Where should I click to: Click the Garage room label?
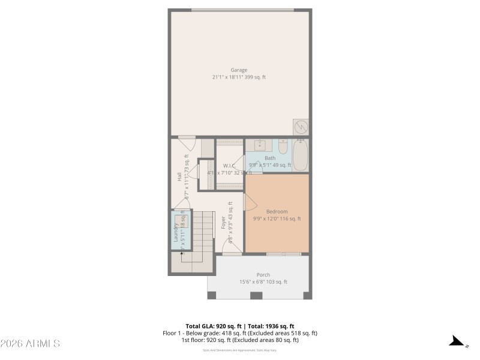point(239,70)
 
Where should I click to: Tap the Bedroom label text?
point(277,212)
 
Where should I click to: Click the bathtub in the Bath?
point(301,155)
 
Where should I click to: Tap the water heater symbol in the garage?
point(301,127)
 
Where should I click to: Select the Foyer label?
point(223,223)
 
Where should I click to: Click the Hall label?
point(179,176)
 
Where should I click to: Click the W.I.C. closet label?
point(229,166)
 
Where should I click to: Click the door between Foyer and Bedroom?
point(247,202)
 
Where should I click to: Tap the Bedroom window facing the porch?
point(284,254)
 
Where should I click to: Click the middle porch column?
point(256,295)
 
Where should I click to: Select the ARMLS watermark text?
point(30,344)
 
